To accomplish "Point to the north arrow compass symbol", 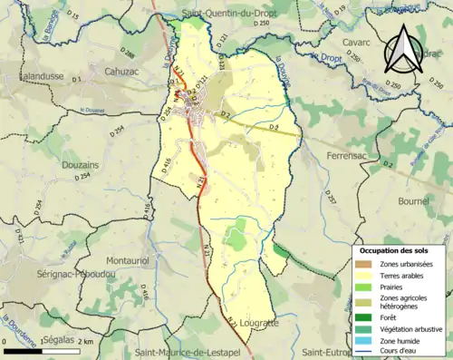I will pyautogui.click(x=400, y=49).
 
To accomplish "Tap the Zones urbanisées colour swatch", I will pyautogui.click(x=362, y=264).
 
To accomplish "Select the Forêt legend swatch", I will pyautogui.click(x=362, y=316).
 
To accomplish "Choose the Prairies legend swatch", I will pyautogui.click(x=362, y=287).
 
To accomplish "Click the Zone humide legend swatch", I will pyautogui.click(x=362, y=340).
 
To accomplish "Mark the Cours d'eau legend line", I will pyautogui.click(x=362, y=352).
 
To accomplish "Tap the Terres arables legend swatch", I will pyautogui.click(x=362, y=276).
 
